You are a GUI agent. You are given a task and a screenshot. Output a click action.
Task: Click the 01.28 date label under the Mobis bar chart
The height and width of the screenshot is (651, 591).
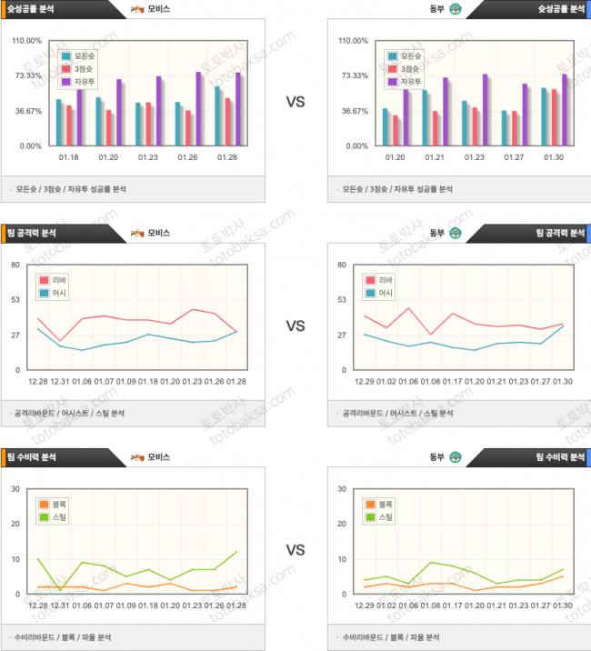click(228, 157)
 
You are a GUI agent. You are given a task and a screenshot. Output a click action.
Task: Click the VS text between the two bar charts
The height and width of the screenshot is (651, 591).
click(295, 103)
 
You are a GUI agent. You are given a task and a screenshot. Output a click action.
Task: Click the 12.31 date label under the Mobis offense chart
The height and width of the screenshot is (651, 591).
click(60, 381)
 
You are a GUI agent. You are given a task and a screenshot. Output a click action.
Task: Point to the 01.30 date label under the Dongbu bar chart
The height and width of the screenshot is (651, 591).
click(555, 157)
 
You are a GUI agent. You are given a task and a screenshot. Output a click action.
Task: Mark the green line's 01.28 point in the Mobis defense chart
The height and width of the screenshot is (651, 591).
click(236, 552)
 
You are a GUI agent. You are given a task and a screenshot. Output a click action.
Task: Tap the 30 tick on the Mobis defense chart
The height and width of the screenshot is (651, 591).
click(15, 489)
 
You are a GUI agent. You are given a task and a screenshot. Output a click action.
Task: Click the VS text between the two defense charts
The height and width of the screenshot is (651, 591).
click(295, 550)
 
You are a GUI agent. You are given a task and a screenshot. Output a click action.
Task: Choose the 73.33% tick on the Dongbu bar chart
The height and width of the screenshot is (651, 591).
click(353, 75)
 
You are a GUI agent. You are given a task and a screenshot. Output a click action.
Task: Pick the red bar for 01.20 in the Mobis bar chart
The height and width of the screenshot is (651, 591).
click(109, 127)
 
